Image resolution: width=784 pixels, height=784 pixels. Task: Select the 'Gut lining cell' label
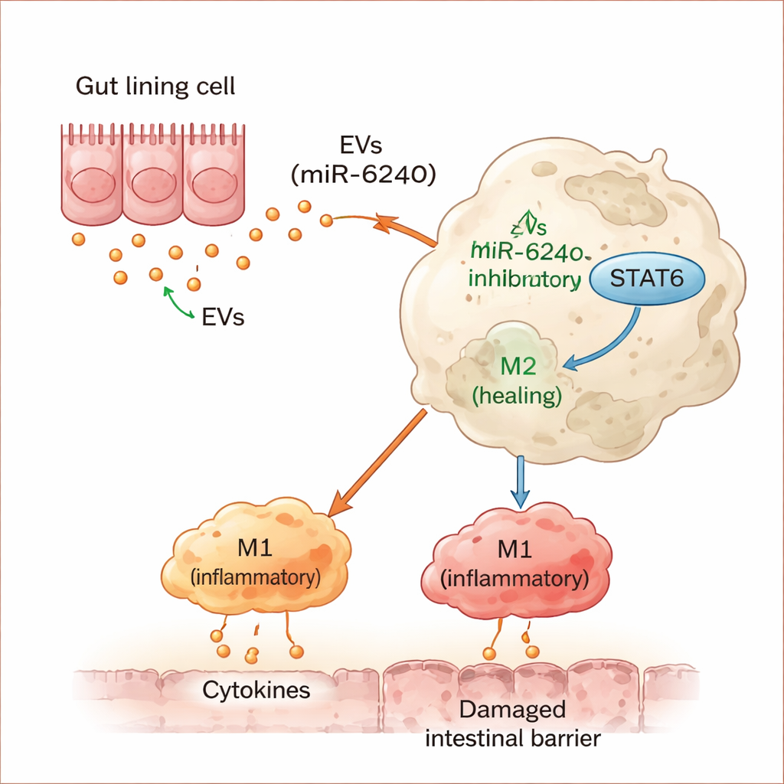click(155, 86)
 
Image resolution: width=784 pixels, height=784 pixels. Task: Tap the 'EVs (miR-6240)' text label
click(364, 160)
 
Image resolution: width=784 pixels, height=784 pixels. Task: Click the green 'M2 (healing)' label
click(518, 380)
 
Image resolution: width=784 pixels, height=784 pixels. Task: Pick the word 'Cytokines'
click(256, 691)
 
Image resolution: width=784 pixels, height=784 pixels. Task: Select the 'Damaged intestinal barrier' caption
click(512, 724)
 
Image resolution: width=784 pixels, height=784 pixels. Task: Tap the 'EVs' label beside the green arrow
click(224, 317)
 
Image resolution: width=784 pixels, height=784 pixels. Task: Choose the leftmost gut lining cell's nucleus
click(93, 184)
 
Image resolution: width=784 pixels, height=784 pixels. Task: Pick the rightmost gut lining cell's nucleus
click(210, 184)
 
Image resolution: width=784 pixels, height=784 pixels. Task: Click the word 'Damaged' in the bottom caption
click(512, 710)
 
